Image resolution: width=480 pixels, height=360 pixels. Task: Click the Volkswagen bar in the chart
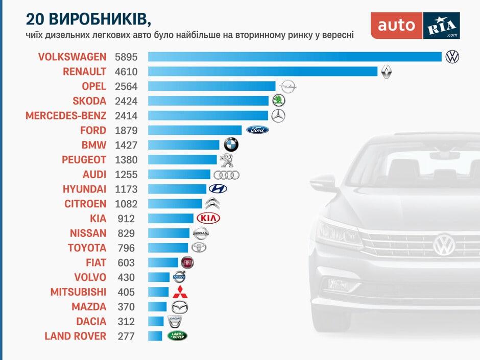pyautogui.click(x=295, y=57)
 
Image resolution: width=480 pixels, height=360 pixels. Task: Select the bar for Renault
pyautogui.click(x=262, y=71)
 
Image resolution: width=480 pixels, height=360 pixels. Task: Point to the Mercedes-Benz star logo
pyautogui.click(x=278, y=116)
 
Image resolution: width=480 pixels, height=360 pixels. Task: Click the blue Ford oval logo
pyautogui.click(x=257, y=130)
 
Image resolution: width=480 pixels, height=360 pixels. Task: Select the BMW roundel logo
pyautogui.click(x=231, y=145)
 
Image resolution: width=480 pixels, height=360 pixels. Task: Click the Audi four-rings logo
pyautogui.click(x=226, y=175)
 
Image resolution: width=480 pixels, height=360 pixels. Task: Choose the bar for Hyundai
pyautogui.click(x=177, y=189)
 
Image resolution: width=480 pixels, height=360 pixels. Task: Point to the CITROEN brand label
pyautogui.click(x=85, y=204)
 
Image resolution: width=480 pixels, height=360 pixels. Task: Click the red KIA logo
pyautogui.click(x=208, y=219)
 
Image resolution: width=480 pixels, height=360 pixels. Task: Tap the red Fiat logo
pyautogui.click(x=187, y=263)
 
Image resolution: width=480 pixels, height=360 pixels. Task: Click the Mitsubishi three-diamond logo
pyautogui.click(x=179, y=293)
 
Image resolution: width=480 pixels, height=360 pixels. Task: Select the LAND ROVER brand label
pyautogui.click(x=76, y=337)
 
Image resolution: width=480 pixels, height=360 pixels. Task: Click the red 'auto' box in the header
pyautogui.click(x=396, y=26)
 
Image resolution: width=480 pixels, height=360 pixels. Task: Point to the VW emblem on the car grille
pyautogui.click(x=444, y=245)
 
